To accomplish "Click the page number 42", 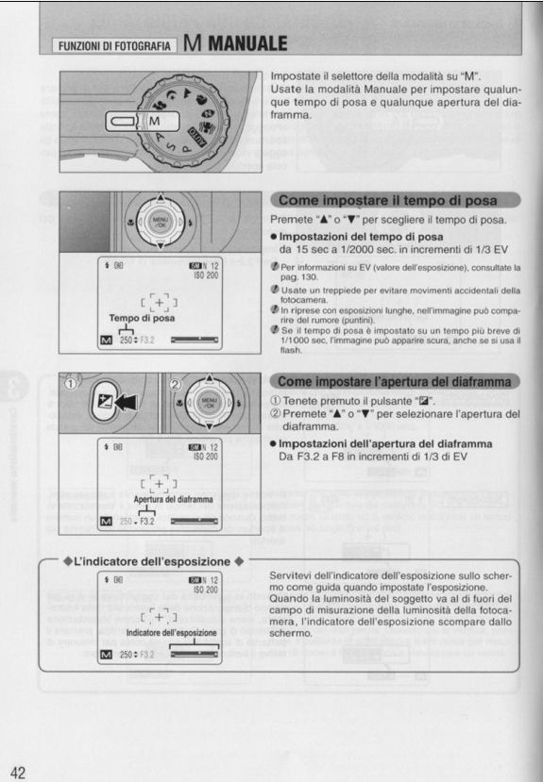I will click(x=19, y=769).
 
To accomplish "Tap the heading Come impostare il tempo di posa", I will click(x=395, y=200).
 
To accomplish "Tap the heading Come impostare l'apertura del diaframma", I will click(x=395, y=382).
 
